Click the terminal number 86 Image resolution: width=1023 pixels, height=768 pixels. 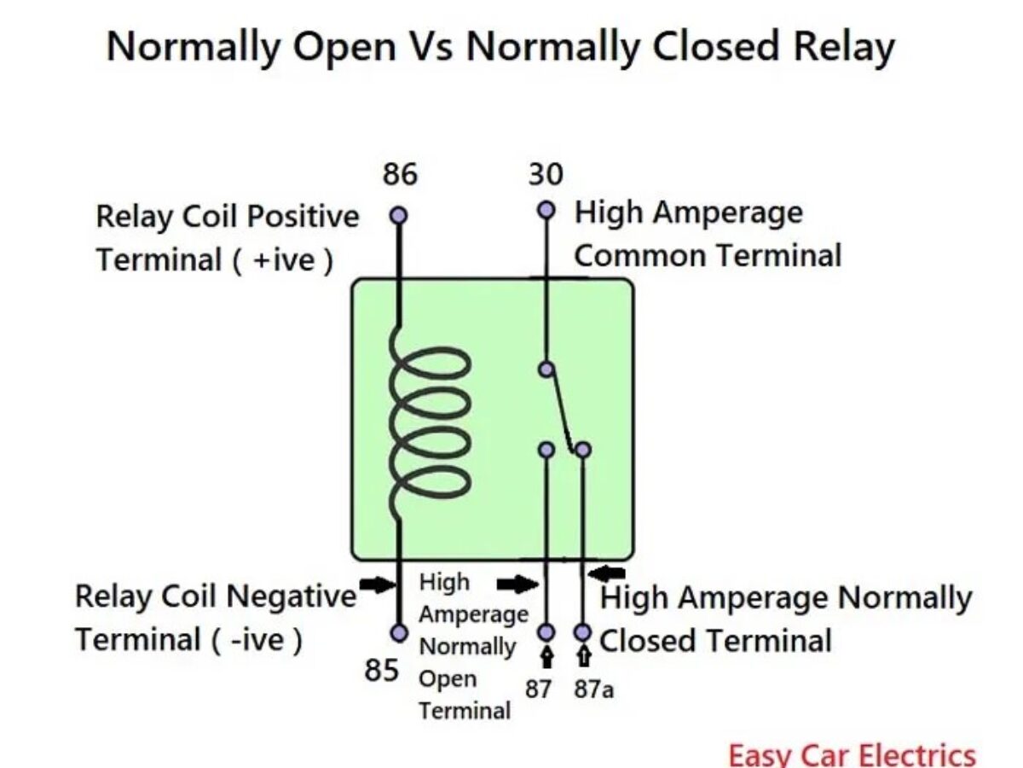399,175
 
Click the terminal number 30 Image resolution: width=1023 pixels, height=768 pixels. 546,175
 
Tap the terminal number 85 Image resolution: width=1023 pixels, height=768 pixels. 381,671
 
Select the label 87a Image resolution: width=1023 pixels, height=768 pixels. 593,689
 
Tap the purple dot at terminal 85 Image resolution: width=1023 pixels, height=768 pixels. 398,632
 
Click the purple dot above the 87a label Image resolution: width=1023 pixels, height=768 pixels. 583,632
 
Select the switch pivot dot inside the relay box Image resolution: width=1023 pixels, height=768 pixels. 546,369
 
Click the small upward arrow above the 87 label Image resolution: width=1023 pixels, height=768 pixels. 546,656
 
